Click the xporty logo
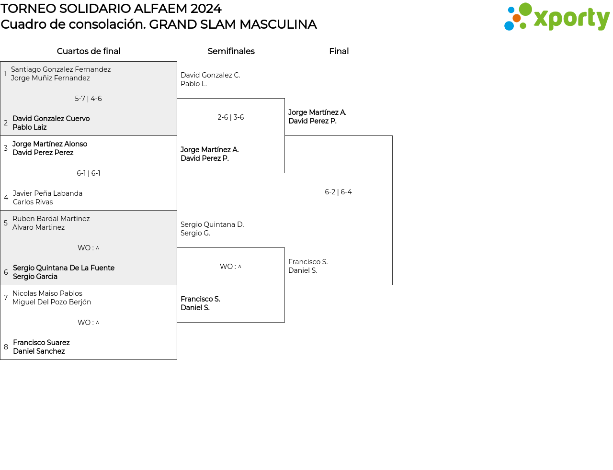coord(556,17)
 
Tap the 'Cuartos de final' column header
coord(89,51)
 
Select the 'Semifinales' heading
coord(231,51)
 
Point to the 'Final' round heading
coord(339,51)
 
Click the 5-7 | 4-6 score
coord(88,99)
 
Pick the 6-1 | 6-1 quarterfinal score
coord(89,173)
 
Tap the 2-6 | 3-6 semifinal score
coord(231,117)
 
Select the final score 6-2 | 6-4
coord(338,192)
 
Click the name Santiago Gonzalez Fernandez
coord(61,69)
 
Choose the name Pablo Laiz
coord(30,127)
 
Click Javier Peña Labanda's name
coord(47,193)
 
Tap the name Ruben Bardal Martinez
coord(51,219)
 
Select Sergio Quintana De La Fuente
coord(64,268)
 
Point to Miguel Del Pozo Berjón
coord(52,302)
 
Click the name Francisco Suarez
coord(41,343)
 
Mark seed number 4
coord(6,198)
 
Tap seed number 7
coord(6,298)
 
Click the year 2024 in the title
coord(205,9)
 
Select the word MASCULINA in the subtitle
coord(278,24)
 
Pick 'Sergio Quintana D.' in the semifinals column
coord(212,224)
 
